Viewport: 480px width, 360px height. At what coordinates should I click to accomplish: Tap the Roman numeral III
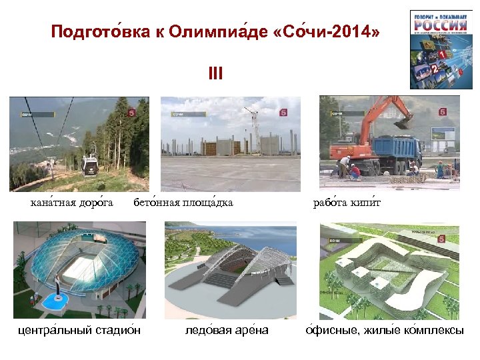tap(215, 72)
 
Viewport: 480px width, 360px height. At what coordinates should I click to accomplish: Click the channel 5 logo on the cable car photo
tap(131, 113)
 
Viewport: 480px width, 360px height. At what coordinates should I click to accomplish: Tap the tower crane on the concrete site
tap(253, 127)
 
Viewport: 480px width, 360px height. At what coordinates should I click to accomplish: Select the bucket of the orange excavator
tap(403, 122)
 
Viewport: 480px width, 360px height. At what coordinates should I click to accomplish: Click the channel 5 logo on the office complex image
tap(441, 239)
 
